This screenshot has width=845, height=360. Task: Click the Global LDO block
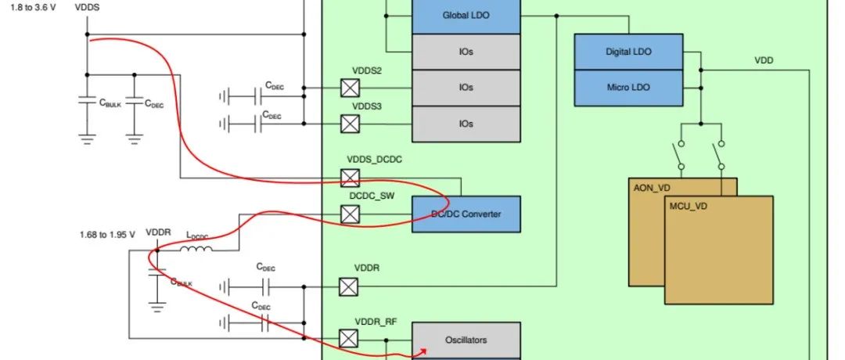(466, 16)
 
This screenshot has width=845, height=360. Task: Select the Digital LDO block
(628, 52)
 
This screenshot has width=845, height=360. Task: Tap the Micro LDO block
(628, 88)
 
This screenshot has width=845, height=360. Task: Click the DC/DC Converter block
(466, 214)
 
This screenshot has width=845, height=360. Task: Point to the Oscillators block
(466, 340)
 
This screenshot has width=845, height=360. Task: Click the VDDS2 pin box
(350, 88)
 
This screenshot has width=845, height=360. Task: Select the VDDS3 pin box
(350, 124)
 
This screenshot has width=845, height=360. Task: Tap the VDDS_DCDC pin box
(350, 178)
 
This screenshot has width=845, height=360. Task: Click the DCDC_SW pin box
(350, 214)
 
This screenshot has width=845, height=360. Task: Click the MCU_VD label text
(689, 206)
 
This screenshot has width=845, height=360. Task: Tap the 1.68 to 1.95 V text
(107, 235)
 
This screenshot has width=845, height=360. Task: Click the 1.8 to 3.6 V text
(34, 8)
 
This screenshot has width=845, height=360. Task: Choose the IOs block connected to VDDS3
(466, 124)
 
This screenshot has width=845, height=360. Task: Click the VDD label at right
(764, 60)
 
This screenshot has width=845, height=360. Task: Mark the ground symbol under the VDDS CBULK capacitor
(88, 139)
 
